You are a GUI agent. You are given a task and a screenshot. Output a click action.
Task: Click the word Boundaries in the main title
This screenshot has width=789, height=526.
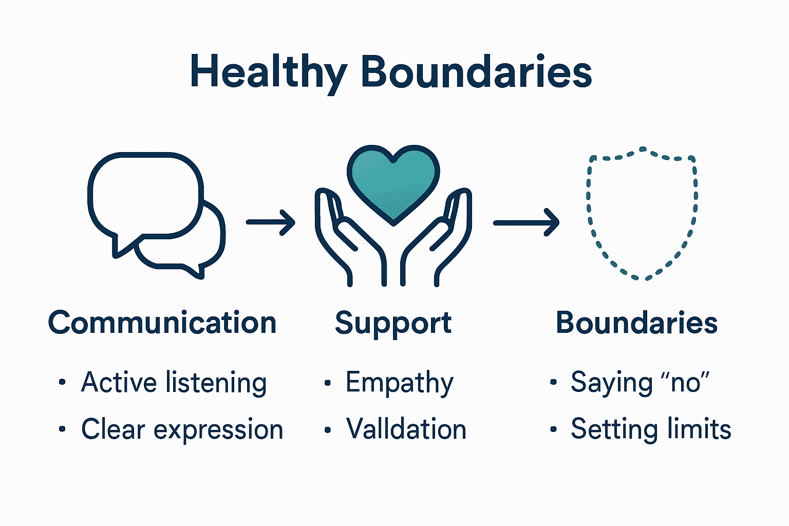coord(476,72)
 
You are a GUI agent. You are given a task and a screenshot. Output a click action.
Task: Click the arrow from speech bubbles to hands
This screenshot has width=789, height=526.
coord(271,222)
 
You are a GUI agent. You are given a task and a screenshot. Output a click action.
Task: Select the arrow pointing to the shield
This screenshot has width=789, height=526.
coord(526,222)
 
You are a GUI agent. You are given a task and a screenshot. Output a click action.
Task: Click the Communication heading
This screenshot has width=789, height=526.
coord(162,323)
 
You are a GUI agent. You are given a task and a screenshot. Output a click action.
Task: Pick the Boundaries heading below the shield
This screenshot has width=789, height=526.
coord(636,323)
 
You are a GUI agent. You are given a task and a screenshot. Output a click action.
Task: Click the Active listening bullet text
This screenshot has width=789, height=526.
coord(174,383)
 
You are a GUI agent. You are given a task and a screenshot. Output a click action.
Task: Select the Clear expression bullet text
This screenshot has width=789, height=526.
coord(182,429)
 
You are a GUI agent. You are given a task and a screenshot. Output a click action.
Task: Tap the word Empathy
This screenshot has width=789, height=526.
coord(400,383)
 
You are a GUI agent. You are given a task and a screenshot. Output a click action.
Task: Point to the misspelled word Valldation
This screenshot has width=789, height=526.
coord(406,429)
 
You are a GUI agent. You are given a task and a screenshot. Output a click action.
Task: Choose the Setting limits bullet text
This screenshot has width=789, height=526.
coord(651,429)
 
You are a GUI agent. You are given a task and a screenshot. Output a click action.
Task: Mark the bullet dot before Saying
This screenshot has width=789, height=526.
coord(553,382)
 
